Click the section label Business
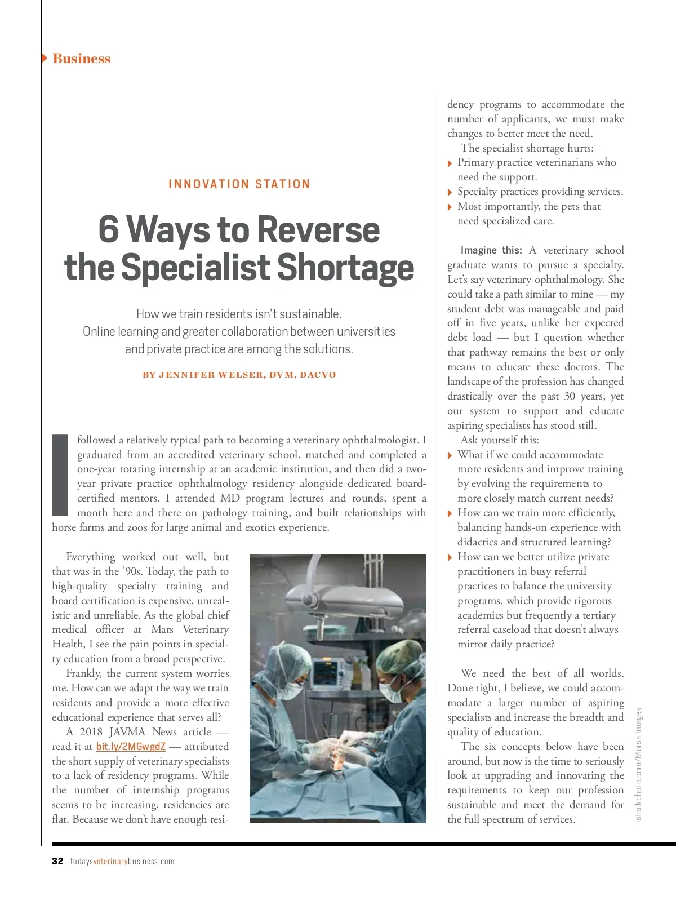click(81, 59)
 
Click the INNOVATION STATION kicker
click(239, 184)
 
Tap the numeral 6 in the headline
click(109, 230)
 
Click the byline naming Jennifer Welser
click(239, 375)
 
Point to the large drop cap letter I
click(60, 475)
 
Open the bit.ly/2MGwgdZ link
click(131, 747)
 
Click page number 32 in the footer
click(57, 861)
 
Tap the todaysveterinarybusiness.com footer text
click(122, 862)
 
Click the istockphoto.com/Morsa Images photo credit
click(638, 765)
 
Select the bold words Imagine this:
click(491, 250)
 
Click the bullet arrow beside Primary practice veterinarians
click(450, 163)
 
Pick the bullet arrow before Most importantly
click(450, 207)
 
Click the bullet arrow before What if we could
click(450, 455)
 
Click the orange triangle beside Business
click(45, 58)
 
